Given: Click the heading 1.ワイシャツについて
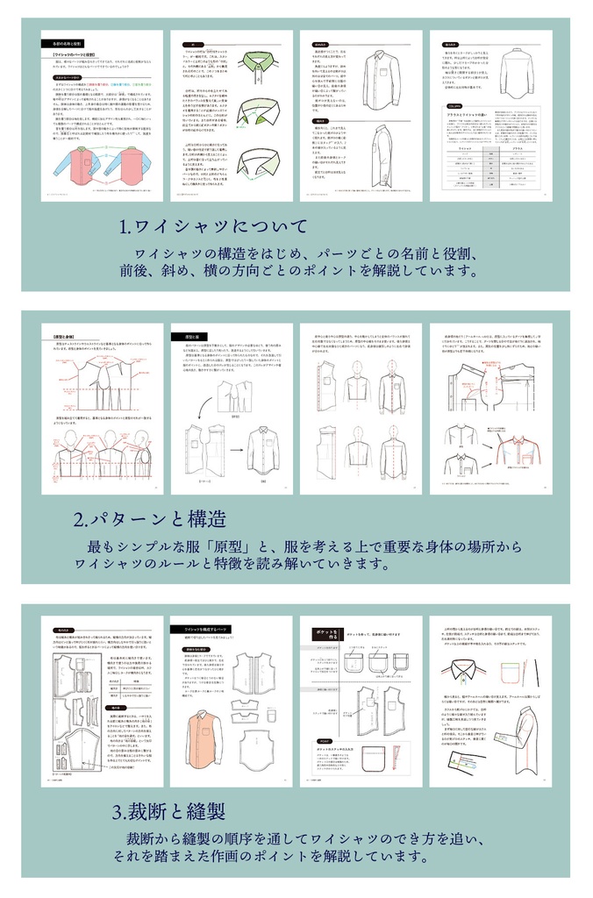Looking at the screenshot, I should pos(214,226).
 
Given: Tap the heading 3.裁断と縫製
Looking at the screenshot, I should pos(175,810).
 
